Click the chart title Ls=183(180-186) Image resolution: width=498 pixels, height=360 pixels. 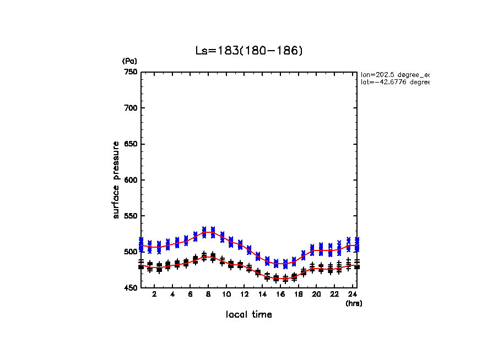pyautogui.click(x=249, y=51)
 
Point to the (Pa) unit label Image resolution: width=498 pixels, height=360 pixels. pyautogui.click(x=129, y=61)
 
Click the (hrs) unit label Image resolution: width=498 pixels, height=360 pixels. pyautogui.click(x=354, y=303)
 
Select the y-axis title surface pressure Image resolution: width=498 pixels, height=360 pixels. pyautogui.click(x=116, y=180)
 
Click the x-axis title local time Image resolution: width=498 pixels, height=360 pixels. pyautogui.click(x=249, y=315)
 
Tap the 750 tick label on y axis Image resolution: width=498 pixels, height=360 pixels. pyautogui.click(x=131, y=72)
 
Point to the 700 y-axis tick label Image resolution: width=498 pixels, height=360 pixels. pyautogui.click(x=131, y=108)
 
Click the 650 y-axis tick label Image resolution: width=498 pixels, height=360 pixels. pyautogui.click(x=131, y=144)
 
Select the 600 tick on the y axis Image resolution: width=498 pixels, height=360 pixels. pyautogui.click(x=131, y=180)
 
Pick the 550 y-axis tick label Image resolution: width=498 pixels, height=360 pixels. pyautogui.click(x=131, y=216)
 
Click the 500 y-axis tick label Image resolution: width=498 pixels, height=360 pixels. pyautogui.click(x=131, y=252)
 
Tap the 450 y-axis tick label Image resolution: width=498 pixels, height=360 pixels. pyautogui.click(x=131, y=288)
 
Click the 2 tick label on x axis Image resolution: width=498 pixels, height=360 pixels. pyautogui.click(x=154, y=295)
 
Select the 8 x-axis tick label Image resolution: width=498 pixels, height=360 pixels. pyautogui.click(x=208, y=295)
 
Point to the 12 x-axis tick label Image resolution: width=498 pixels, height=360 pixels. pyautogui.click(x=244, y=295)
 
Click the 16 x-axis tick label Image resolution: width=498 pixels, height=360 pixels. pyautogui.click(x=280, y=295)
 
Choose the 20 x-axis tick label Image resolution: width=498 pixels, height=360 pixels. pyautogui.click(x=316, y=295)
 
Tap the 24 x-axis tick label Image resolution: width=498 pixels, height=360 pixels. pyautogui.click(x=352, y=295)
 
